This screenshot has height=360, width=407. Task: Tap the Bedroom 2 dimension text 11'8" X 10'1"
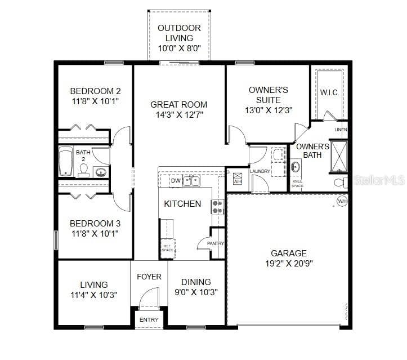click(x=95, y=101)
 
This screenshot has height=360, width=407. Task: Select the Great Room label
click(x=178, y=104)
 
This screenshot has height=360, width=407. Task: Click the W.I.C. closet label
click(x=329, y=92)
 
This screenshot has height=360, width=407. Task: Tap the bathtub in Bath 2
click(x=65, y=161)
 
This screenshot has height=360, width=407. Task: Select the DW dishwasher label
click(x=175, y=181)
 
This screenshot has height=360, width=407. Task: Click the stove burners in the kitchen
click(x=218, y=207)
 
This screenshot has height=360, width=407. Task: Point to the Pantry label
click(x=216, y=243)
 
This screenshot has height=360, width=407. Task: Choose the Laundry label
click(x=260, y=171)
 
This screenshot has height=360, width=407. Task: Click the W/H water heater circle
click(x=342, y=201)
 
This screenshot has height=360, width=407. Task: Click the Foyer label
click(x=149, y=277)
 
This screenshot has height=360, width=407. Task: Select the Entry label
click(x=149, y=320)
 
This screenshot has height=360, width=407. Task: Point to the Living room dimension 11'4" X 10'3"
click(x=93, y=295)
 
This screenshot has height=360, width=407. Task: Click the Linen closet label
click(x=341, y=130)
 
